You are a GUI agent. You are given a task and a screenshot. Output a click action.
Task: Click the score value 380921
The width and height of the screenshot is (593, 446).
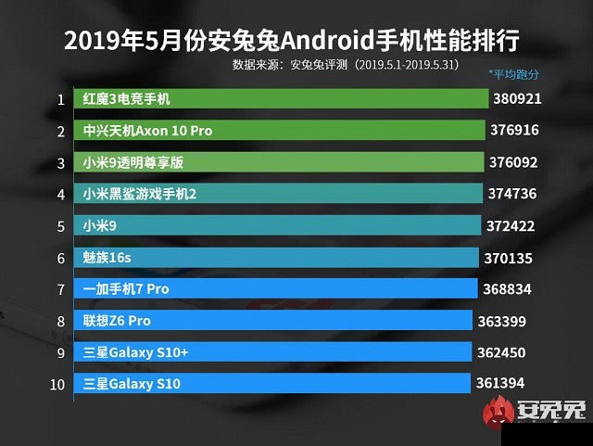coord(516,98)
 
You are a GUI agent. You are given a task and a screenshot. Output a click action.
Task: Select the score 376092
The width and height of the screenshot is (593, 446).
coord(513,162)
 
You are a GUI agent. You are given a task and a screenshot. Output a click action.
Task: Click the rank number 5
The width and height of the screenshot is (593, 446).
coord(60,225)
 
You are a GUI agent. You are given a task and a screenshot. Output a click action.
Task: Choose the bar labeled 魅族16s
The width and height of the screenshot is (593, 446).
coord(279,257)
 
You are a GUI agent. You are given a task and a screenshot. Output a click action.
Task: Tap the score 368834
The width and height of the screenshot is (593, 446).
coord(507,289)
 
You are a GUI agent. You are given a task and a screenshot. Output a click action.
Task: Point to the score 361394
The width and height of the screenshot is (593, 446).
coord(501,383)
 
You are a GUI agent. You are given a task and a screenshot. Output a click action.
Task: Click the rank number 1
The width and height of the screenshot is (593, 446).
coord(60,99)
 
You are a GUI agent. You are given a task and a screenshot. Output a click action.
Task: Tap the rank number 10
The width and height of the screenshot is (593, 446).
coord(58,384)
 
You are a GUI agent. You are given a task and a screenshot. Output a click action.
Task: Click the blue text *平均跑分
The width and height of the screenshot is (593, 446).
coord(514,74)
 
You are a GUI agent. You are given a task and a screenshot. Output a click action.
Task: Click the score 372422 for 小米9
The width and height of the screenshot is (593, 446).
coord(511,225)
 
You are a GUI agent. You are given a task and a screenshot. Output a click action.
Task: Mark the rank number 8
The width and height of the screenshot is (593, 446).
coord(60,321)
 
